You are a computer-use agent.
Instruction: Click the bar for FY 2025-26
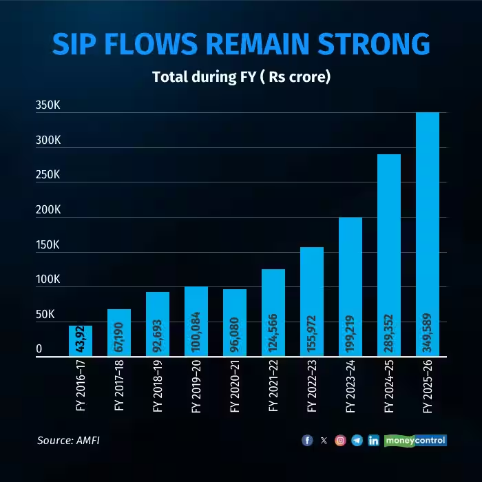pyautogui.click(x=428, y=234)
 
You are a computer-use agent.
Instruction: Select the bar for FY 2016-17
pyautogui.click(x=80, y=341)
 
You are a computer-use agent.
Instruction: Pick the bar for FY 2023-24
pyautogui.click(x=350, y=286)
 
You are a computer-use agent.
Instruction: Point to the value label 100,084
pyautogui.click(x=197, y=334)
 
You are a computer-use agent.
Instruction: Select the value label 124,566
pyautogui.click(x=274, y=334)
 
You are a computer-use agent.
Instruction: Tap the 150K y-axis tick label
pyautogui.click(x=49, y=245)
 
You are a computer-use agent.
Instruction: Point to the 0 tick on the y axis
pyautogui.click(x=39, y=349)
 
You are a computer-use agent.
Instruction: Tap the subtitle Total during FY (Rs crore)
pyautogui.click(x=241, y=76)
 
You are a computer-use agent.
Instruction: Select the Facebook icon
pyautogui.click(x=307, y=441)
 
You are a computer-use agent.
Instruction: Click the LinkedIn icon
pyautogui.click(x=373, y=441)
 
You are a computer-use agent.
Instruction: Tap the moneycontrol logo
pyautogui.click(x=415, y=440)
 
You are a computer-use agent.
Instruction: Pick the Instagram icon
pyautogui.click(x=340, y=441)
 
